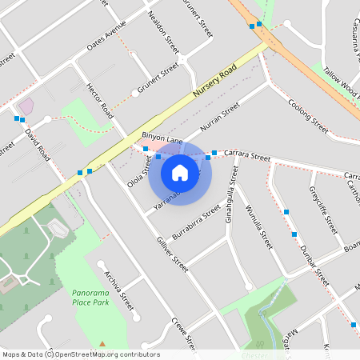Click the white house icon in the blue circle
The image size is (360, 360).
180,172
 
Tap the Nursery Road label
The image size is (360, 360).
216,83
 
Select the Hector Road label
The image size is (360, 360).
101,101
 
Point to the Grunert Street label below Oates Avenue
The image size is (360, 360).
158,78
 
